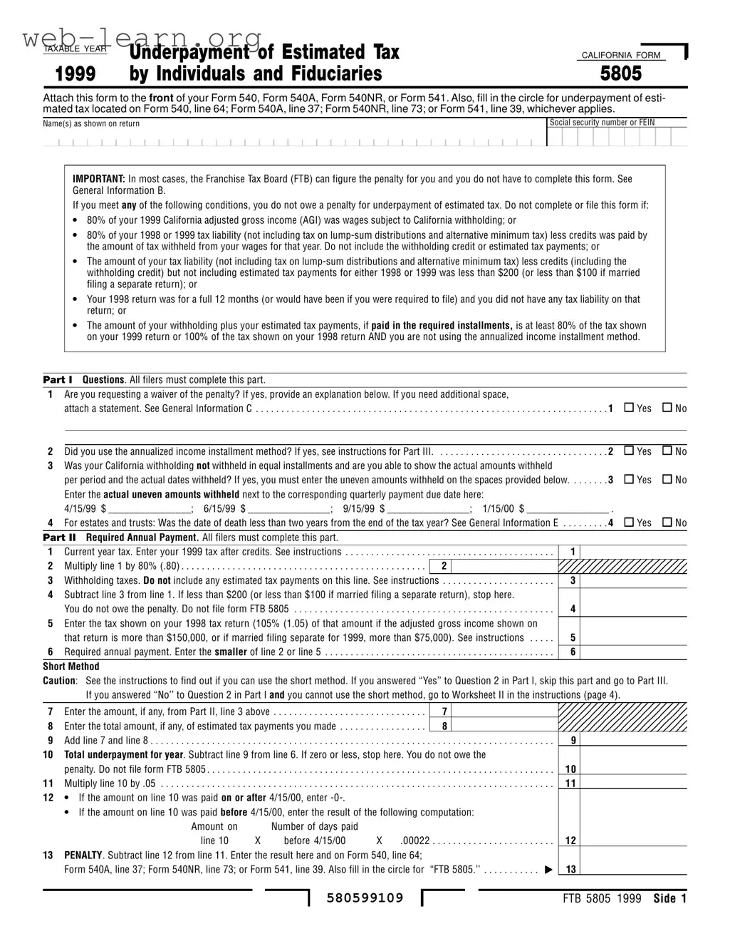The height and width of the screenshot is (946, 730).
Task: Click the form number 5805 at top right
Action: [x=620, y=74]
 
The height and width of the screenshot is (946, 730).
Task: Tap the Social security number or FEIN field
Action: [x=617, y=137]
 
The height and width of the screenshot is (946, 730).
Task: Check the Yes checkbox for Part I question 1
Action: [x=629, y=408]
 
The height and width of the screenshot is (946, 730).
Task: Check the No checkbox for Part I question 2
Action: [x=667, y=451]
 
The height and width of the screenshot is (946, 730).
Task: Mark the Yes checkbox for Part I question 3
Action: [x=629, y=479]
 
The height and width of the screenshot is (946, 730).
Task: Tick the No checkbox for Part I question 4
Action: [x=667, y=523]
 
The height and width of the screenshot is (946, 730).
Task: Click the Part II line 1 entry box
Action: [x=634, y=552]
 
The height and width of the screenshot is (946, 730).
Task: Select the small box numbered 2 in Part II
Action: [x=443, y=566]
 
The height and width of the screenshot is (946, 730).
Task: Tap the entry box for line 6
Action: [x=634, y=652]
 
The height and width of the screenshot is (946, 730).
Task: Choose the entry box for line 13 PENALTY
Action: [x=634, y=868]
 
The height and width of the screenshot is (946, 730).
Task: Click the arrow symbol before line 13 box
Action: [x=548, y=869]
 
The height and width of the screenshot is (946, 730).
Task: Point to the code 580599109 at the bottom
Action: [x=365, y=898]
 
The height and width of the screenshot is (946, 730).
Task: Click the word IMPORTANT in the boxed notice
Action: [x=99, y=179]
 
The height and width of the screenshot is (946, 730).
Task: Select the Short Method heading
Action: [x=71, y=667]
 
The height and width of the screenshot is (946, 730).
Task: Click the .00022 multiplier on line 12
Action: [x=414, y=840]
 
